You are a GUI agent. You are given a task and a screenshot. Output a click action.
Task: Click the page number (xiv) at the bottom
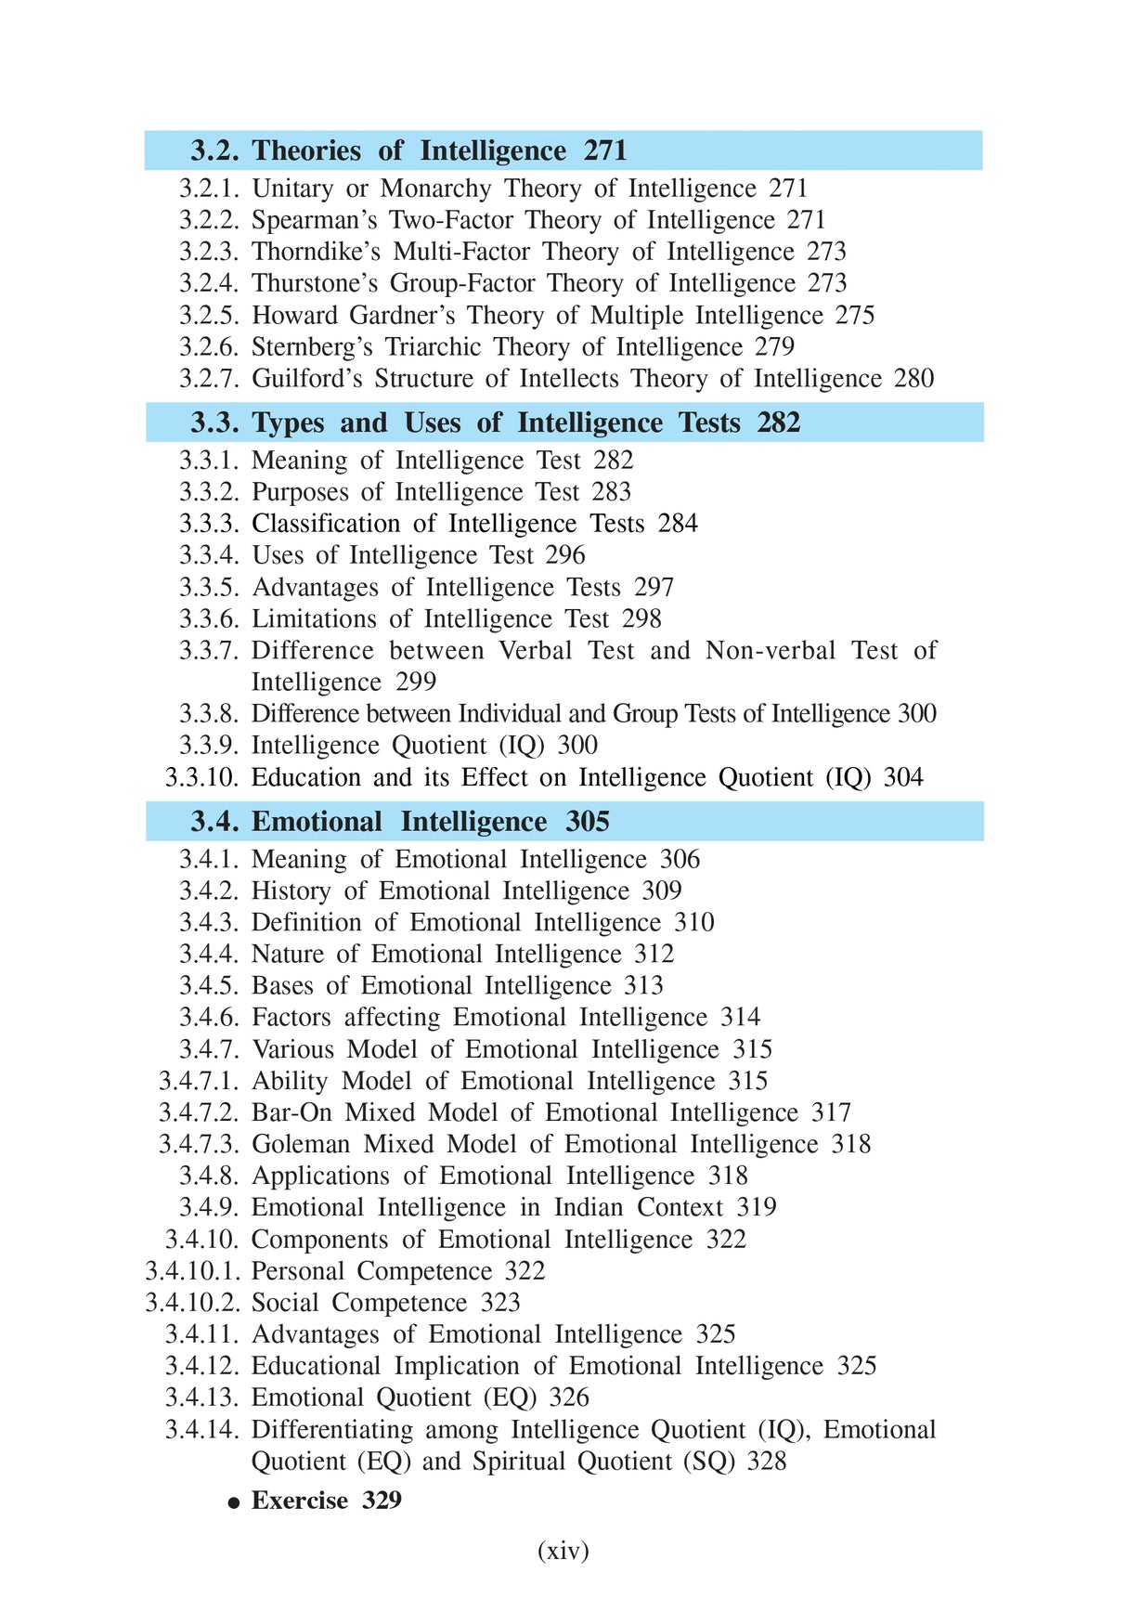tap(563, 1551)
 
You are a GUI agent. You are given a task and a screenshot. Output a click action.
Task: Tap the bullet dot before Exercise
tap(235, 1502)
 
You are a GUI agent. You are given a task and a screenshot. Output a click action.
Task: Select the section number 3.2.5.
tap(209, 316)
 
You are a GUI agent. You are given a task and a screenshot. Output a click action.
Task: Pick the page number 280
tap(913, 379)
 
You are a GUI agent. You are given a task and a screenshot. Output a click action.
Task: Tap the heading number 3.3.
tap(215, 422)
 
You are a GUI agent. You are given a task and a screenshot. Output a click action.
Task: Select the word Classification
tap(326, 524)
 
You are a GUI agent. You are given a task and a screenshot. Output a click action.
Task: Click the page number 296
tap(565, 555)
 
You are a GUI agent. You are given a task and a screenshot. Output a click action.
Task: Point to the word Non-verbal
tap(771, 650)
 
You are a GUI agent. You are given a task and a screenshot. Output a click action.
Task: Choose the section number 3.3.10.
tap(201, 777)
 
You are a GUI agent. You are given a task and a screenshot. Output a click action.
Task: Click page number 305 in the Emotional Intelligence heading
tap(588, 822)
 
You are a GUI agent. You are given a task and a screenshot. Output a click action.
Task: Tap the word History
tap(291, 891)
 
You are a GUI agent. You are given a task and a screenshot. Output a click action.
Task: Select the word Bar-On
tap(291, 1112)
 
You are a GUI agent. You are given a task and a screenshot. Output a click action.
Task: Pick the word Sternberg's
tap(312, 347)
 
